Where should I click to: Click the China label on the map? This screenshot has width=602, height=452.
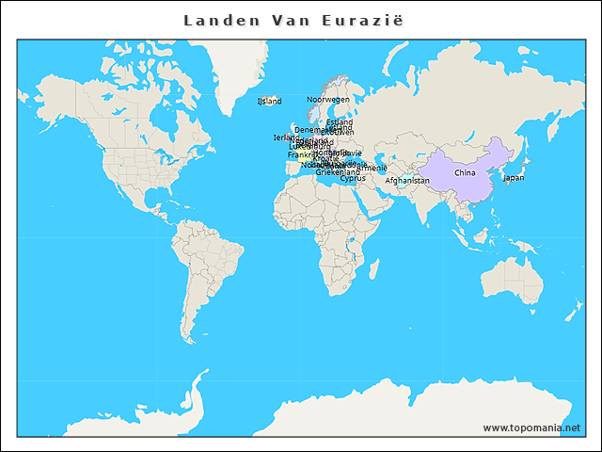point(465,173)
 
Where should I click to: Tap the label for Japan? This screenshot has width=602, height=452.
point(514,177)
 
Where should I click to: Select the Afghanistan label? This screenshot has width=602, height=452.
point(407,180)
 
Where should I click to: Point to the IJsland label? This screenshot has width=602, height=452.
point(269,101)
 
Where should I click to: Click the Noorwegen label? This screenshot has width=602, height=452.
point(328,99)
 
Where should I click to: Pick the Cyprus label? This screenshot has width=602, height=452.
point(353,178)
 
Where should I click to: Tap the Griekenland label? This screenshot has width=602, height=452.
point(337,172)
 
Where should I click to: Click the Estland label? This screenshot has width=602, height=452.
point(340,122)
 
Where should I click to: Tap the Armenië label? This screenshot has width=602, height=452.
point(370,169)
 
